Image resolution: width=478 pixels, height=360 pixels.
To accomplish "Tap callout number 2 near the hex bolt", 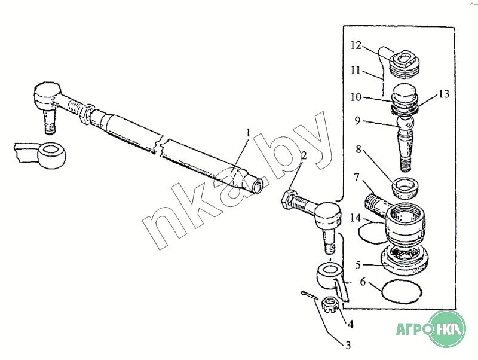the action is coord(304,157).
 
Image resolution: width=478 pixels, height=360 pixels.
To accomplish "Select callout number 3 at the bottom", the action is coord(346,344).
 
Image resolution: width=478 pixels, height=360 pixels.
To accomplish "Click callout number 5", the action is coord(358,263).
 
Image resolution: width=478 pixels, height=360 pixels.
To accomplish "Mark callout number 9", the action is coord(358,120).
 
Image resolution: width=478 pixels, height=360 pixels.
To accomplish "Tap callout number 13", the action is coord(443,94).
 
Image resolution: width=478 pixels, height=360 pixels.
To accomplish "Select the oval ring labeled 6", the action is coord(402,291).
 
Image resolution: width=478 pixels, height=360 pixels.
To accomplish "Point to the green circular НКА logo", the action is coord(449,329).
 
